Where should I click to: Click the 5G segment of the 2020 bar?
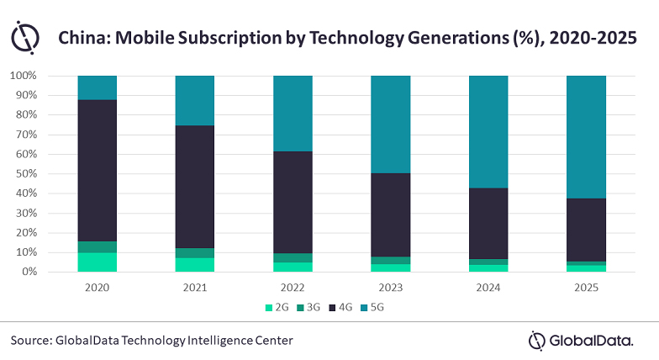pyautogui.click(x=98, y=87)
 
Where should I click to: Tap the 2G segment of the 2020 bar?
pyautogui.click(x=98, y=262)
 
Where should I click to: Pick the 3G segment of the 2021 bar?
pyautogui.click(x=195, y=253)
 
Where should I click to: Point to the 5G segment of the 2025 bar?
pyautogui.click(x=586, y=136)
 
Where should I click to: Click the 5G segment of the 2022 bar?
pyautogui.click(x=293, y=114)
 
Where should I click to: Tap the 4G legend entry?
pyautogui.click(x=345, y=308)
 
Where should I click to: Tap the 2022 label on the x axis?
pyautogui.click(x=293, y=286)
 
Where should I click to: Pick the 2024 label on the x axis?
pyautogui.click(x=488, y=286)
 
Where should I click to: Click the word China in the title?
pyautogui.click(x=81, y=38)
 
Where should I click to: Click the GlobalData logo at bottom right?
pyautogui.click(x=588, y=340)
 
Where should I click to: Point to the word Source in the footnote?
pyautogui.click(x=31, y=340)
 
